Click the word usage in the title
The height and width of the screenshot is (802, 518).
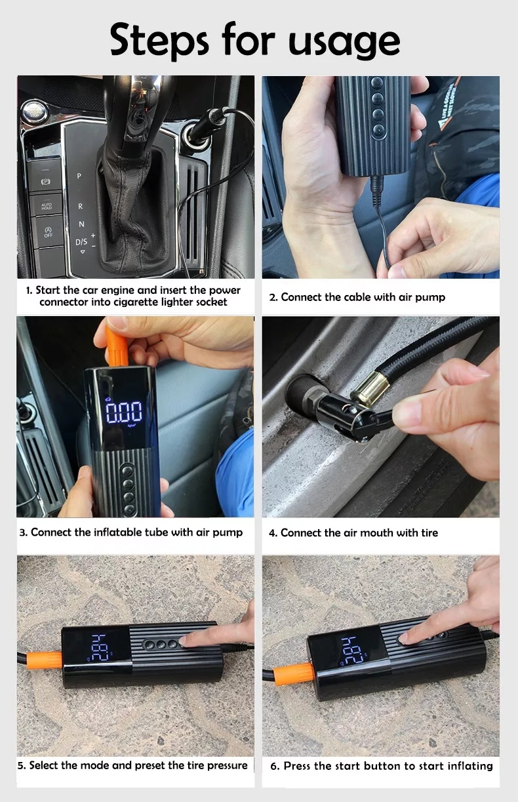click(344, 42)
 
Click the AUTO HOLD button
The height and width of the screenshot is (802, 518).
click(47, 206)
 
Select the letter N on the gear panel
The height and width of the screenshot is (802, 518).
click(81, 224)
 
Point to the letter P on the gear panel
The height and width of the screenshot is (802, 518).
click(79, 176)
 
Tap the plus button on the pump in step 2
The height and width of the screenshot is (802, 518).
click(378, 98)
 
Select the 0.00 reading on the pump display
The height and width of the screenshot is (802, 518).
click(124, 412)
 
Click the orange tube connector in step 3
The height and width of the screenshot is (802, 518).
click(116, 346)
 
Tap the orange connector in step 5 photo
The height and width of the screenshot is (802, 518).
click(45, 660)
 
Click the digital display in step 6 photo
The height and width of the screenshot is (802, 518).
click(353, 651)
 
